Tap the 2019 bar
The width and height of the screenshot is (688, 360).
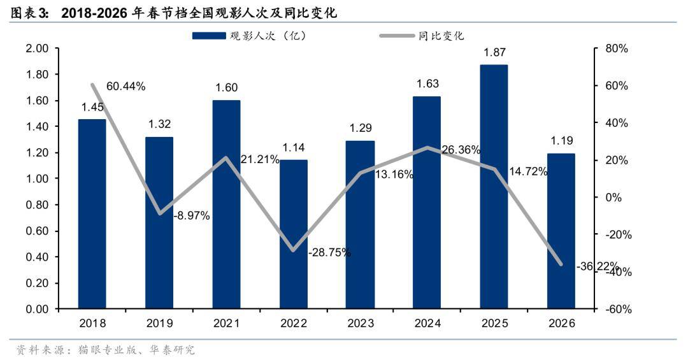pos(159,223)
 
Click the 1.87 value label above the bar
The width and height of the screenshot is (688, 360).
pos(494,53)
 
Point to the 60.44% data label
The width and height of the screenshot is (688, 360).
pos(126,85)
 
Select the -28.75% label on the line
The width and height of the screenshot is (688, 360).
pos(329,252)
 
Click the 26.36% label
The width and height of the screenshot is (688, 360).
pos(461,150)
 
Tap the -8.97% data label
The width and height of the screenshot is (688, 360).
pos(192,215)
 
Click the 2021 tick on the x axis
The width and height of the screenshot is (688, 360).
pos(226,324)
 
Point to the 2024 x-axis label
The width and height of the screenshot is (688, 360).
pos(427,324)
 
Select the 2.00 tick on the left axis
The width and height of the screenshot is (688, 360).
pos(38,49)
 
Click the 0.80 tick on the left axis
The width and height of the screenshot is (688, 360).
pos(38,205)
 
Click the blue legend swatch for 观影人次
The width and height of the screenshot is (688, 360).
pos(208,36)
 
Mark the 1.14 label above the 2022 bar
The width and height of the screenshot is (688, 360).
pos(293,148)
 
